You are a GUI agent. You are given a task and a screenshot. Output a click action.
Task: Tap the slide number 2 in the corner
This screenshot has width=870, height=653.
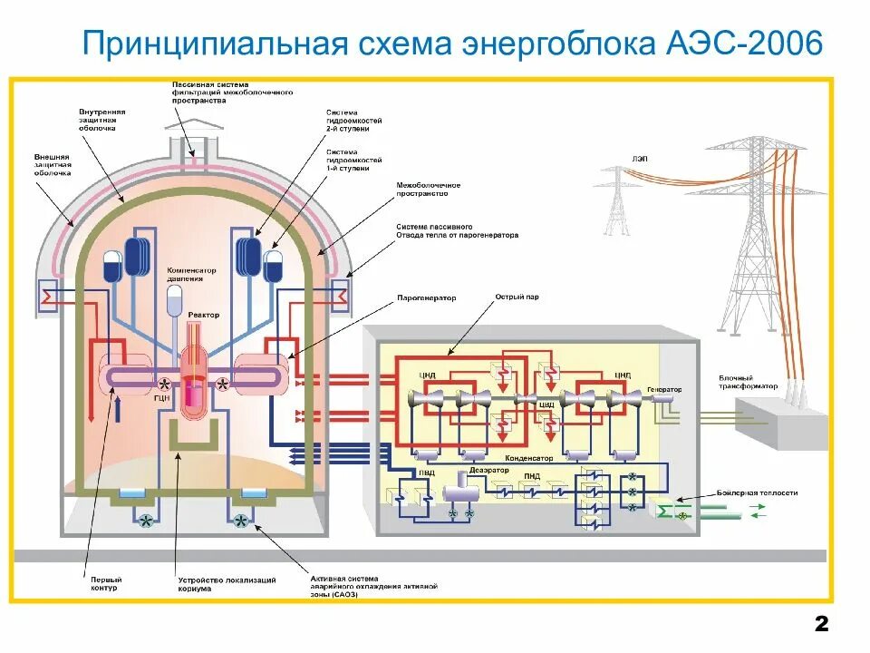click(x=821, y=624)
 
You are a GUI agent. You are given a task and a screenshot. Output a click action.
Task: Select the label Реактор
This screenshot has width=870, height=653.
click(x=204, y=315)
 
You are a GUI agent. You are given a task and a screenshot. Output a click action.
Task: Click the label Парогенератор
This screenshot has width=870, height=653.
click(x=427, y=297)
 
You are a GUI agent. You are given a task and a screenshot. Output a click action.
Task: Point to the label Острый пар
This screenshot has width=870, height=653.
click(x=513, y=297)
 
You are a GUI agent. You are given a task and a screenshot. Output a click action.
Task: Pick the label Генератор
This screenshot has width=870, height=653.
click(x=663, y=389)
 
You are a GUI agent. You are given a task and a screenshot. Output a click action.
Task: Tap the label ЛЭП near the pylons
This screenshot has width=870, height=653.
click(x=641, y=159)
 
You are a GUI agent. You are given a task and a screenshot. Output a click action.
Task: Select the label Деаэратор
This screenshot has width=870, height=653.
click(x=489, y=471)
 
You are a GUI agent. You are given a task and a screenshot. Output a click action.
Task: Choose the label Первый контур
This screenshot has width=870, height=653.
click(x=106, y=583)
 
